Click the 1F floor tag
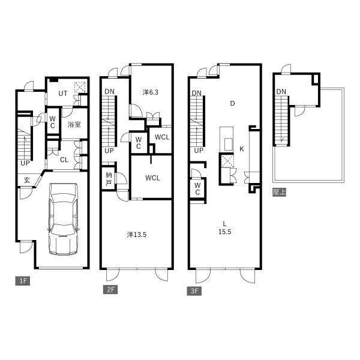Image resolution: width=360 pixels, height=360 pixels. pyautogui.click(x=23, y=281)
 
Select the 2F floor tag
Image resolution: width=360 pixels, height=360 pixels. pyautogui.click(x=110, y=290)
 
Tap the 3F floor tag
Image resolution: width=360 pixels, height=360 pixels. pyautogui.click(x=194, y=291)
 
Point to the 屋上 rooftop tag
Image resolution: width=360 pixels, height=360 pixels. pyautogui.click(x=279, y=192)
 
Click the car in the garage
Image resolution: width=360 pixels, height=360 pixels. pyautogui.click(x=64, y=219)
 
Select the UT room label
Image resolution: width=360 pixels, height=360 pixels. pyautogui.click(x=62, y=94)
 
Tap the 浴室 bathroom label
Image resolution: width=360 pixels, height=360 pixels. pyautogui.click(x=74, y=125)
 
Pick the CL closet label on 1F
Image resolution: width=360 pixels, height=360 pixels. pyautogui.click(x=64, y=160)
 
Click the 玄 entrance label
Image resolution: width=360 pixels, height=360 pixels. pyautogui.click(x=27, y=180)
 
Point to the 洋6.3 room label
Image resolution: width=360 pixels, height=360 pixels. pyautogui.click(x=151, y=92)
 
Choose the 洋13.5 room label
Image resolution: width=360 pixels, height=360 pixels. pyautogui.click(x=137, y=235)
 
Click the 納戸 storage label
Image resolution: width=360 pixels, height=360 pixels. pyautogui.click(x=109, y=179)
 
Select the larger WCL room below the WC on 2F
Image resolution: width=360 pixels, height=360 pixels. pyautogui.click(x=152, y=178)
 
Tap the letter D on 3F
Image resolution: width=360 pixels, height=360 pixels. pyautogui.click(x=232, y=104)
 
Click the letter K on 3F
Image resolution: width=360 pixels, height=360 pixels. pyautogui.click(x=242, y=149)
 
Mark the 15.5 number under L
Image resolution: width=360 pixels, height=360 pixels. pyautogui.click(x=225, y=232)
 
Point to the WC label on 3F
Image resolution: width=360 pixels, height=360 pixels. pyautogui.click(x=197, y=189)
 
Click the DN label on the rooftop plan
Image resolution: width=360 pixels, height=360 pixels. pyautogui.click(x=281, y=92)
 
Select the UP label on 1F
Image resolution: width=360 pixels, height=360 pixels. pyautogui.click(x=25, y=163)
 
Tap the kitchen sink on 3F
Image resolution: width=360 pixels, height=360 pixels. pyautogui.click(x=228, y=144)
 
